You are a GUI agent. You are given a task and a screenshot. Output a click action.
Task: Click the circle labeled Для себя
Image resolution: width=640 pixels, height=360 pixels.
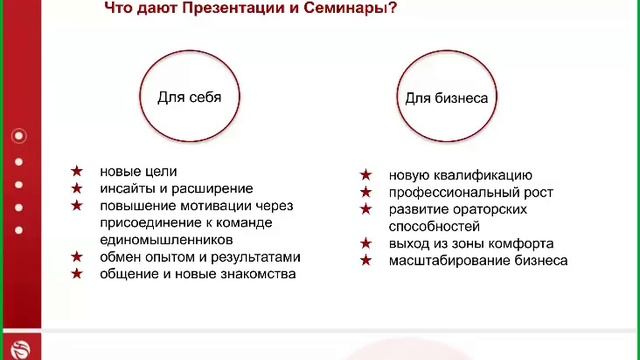pyautogui.click(x=189, y=98)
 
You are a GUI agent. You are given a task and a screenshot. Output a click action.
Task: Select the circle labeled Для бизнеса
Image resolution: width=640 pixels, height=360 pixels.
pyautogui.click(x=446, y=99)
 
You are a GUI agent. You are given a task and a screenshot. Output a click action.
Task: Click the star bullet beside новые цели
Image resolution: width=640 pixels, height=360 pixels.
pyautogui.click(x=76, y=172)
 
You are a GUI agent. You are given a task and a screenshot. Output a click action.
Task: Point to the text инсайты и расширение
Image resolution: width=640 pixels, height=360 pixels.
pyautogui.click(x=176, y=188)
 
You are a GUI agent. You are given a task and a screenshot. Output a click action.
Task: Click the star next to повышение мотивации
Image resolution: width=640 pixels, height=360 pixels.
pyautogui.click(x=76, y=205)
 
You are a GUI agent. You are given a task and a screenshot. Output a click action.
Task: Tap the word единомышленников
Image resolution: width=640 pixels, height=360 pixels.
pyautogui.click(x=166, y=240)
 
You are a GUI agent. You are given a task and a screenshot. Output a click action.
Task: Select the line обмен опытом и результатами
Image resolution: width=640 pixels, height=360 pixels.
pyautogui.click(x=200, y=257)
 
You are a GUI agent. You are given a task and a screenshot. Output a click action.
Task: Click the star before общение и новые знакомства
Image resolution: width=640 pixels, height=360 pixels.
pyautogui.click(x=76, y=274)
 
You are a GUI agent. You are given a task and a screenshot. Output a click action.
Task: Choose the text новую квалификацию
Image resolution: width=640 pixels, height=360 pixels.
pyautogui.click(x=460, y=175)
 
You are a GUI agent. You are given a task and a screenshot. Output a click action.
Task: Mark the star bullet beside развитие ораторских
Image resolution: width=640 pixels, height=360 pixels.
pyautogui.click(x=367, y=209)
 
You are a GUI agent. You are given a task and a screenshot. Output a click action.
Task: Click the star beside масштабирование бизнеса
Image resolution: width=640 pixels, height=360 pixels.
pyautogui.click(x=367, y=260)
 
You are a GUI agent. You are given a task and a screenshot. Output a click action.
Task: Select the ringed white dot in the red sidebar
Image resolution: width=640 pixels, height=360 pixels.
pyautogui.click(x=19, y=136)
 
